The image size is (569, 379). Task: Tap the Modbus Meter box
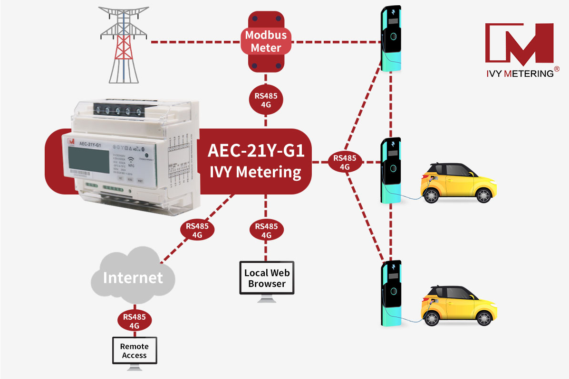point(266,41)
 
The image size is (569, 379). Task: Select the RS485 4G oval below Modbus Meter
point(266,100)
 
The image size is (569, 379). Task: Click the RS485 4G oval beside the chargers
point(345,162)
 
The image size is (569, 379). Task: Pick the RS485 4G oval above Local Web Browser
point(267,231)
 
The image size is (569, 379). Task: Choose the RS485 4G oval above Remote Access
point(135,321)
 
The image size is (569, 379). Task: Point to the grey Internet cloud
point(133,277)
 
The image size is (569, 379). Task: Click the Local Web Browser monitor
point(267,279)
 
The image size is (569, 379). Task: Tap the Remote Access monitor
point(134,351)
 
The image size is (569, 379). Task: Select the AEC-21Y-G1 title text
point(255,150)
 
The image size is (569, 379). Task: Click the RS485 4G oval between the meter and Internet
point(197,231)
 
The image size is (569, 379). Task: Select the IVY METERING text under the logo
point(519,74)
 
